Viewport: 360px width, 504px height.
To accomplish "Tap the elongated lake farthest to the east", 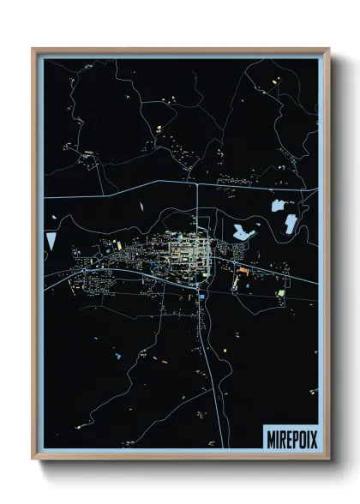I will pyautogui.click(x=291, y=224).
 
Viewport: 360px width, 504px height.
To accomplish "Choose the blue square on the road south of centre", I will pyautogui.click(x=200, y=297).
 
